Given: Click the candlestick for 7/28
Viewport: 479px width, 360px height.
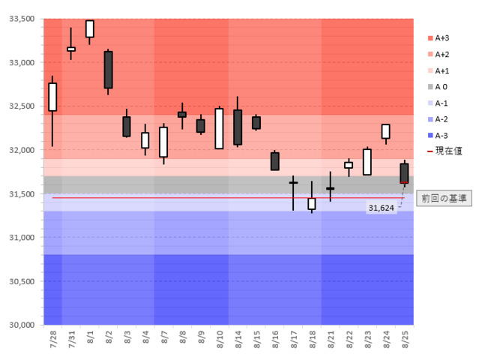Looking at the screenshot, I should (52, 97).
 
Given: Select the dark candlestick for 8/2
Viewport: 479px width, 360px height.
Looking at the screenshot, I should (108, 70).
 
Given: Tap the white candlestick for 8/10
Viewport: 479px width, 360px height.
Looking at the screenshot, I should (219, 128).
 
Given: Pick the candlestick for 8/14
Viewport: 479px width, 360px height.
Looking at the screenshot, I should (238, 127).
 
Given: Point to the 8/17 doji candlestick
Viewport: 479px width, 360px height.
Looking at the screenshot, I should (293, 182).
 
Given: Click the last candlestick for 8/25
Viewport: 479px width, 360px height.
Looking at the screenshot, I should (404, 172).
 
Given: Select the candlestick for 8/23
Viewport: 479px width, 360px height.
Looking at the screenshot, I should (367, 161).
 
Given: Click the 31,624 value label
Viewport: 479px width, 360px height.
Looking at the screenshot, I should (381, 208).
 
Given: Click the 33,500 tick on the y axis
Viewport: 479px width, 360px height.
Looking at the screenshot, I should (22, 19).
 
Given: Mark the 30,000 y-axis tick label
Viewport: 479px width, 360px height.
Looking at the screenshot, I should (22, 325).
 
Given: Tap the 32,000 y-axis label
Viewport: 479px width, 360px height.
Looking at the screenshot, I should (22, 150).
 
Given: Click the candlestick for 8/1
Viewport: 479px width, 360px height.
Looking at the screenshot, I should (90, 28).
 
